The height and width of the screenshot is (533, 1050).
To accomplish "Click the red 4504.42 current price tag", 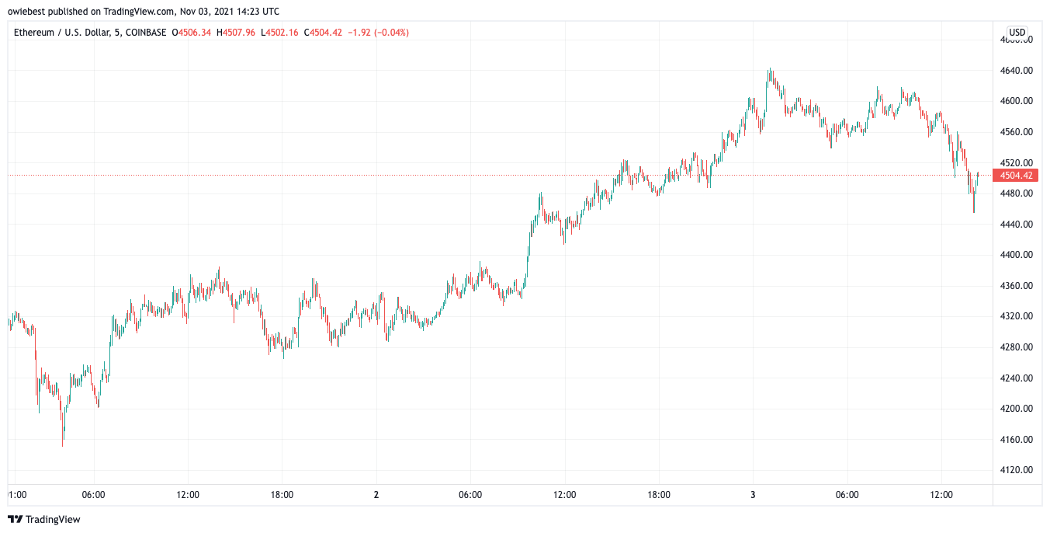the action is pos(1015,176).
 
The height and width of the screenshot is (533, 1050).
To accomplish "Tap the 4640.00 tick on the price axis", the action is pos(1017,71).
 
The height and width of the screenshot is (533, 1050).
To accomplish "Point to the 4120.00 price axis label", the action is pos(1017,469).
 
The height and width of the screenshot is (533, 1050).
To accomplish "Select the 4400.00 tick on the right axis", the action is pos(1017,255).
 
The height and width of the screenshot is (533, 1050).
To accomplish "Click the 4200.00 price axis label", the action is pos(1017,408).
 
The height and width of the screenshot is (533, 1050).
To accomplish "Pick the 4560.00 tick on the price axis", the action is pos(1017,132).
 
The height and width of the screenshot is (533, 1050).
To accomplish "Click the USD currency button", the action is pos(1017,33).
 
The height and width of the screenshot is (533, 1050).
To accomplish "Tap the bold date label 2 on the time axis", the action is pos(376,494).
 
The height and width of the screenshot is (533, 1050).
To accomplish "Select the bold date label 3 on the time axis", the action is pos(753,494).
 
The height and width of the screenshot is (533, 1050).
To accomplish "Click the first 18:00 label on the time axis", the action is pos(282,494).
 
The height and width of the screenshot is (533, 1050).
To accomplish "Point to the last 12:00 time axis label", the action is pos(941,494).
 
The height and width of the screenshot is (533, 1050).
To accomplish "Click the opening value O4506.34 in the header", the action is pos(191,33).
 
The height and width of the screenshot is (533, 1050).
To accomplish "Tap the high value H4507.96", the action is pos(236,33).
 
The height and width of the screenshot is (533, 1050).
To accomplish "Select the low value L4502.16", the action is pos(279,33).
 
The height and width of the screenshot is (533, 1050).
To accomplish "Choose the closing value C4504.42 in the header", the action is pos(323,33).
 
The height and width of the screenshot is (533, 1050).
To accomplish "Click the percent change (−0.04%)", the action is pos(391,33).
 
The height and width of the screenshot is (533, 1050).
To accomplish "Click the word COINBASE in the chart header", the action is pos(146,33).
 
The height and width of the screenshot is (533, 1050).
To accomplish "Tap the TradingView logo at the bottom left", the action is pos(44,519).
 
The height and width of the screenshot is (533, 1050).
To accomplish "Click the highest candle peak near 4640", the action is pos(769,68).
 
